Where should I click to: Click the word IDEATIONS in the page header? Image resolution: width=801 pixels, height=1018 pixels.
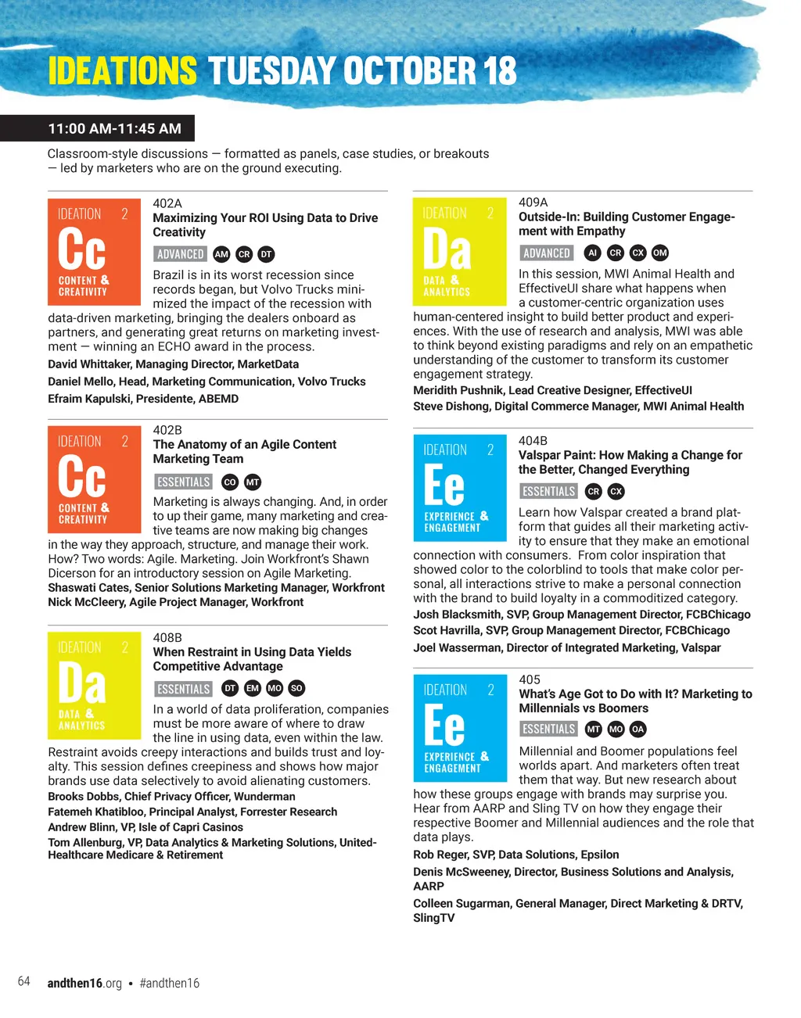click(x=122, y=71)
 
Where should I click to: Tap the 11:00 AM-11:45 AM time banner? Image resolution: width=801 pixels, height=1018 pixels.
click(x=114, y=129)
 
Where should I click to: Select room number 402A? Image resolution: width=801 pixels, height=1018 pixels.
click(x=167, y=203)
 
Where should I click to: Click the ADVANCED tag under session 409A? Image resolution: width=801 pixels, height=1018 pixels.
click(x=547, y=253)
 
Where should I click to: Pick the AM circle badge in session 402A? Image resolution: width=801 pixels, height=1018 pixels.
click(x=221, y=254)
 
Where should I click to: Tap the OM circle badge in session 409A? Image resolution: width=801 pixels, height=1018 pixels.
click(x=660, y=253)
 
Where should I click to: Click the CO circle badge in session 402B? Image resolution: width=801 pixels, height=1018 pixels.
click(x=230, y=482)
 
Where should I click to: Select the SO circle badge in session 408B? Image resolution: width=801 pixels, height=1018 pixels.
click(x=296, y=689)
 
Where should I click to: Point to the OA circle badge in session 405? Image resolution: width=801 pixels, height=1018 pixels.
click(x=638, y=729)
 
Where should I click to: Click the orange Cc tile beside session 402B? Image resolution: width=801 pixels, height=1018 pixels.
click(x=95, y=479)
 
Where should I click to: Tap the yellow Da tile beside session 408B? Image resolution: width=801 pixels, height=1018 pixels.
click(x=95, y=686)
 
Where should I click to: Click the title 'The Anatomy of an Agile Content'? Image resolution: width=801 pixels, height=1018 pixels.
click(x=245, y=445)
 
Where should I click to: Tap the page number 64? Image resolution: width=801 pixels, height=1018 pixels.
click(x=24, y=982)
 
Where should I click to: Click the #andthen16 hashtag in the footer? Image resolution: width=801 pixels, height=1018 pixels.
click(x=170, y=984)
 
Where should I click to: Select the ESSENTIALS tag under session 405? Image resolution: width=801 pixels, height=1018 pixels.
click(x=549, y=729)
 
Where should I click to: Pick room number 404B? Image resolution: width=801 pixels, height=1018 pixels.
click(x=533, y=441)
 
